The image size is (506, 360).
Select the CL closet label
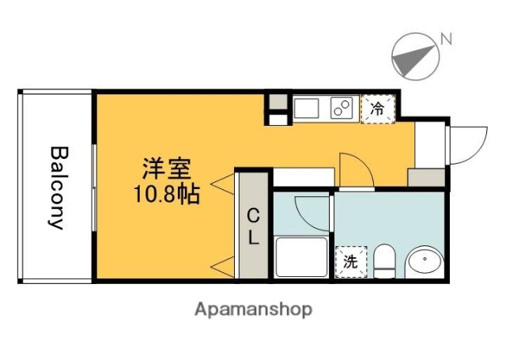click(254, 228)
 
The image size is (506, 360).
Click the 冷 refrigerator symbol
click(377, 109)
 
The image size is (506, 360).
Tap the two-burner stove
click(342, 108)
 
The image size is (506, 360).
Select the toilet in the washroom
click(384, 263)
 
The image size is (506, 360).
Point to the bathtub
click(301, 257)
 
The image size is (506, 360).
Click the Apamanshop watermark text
click(253, 309)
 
